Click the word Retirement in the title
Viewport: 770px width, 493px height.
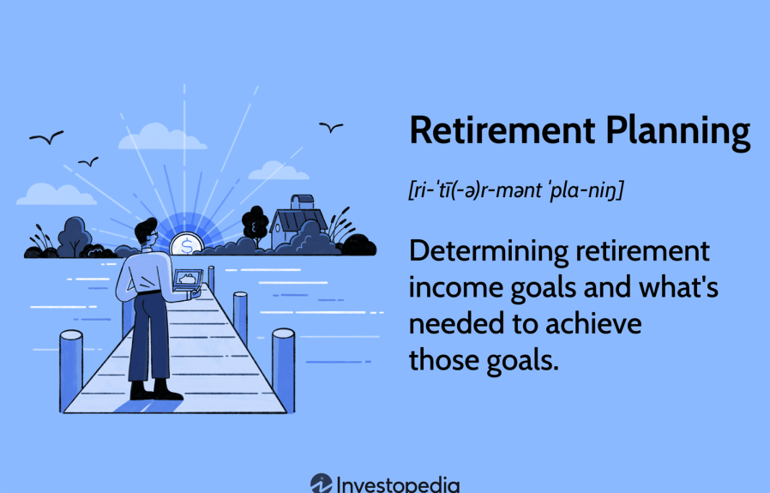(x=502, y=130)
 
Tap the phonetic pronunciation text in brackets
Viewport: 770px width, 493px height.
(x=515, y=190)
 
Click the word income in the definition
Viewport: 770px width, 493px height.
(x=455, y=288)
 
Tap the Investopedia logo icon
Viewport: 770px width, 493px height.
(x=322, y=484)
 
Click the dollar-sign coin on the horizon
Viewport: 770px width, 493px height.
(x=187, y=244)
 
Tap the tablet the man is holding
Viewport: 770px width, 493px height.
(x=187, y=279)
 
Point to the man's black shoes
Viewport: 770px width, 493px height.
(x=156, y=390)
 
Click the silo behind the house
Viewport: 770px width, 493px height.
(x=302, y=201)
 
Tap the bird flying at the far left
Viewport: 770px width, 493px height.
(x=46, y=137)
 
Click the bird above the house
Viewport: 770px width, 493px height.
(x=331, y=127)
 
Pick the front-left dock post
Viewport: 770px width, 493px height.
(x=71, y=370)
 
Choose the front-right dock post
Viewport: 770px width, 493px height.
(x=283, y=370)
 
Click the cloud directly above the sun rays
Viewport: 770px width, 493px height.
(x=161, y=136)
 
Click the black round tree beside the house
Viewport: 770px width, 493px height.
(x=256, y=225)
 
